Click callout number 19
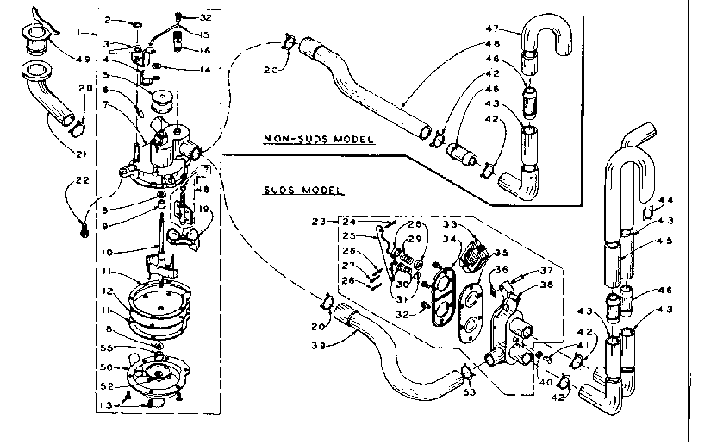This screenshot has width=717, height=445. tap(205, 208)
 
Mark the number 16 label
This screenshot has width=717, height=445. tap(205, 51)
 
